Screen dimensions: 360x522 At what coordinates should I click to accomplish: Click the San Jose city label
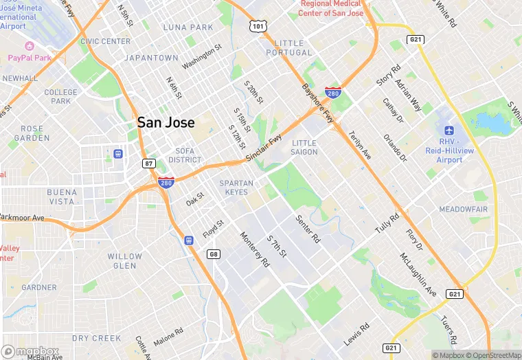[166, 122]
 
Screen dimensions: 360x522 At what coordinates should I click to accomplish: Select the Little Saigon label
[304, 147]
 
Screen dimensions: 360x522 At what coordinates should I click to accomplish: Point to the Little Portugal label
[284, 48]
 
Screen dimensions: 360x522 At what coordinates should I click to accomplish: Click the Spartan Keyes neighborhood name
[236, 188]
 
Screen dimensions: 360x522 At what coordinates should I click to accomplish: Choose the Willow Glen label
[125, 261]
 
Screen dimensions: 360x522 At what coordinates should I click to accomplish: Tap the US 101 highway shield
[258, 27]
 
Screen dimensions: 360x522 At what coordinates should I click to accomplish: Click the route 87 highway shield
[149, 164]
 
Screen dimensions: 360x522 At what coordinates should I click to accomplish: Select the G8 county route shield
[214, 255]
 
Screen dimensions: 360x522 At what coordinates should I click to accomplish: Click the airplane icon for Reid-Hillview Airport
[449, 131]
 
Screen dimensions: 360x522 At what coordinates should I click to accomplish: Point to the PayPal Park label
[31, 58]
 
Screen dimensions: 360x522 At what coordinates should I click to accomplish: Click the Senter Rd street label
[308, 229]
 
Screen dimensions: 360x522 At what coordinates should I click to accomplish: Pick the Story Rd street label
[388, 76]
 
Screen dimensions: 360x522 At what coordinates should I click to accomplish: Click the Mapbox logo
[31, 351]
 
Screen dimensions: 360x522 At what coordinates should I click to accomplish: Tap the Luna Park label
[188, 27]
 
